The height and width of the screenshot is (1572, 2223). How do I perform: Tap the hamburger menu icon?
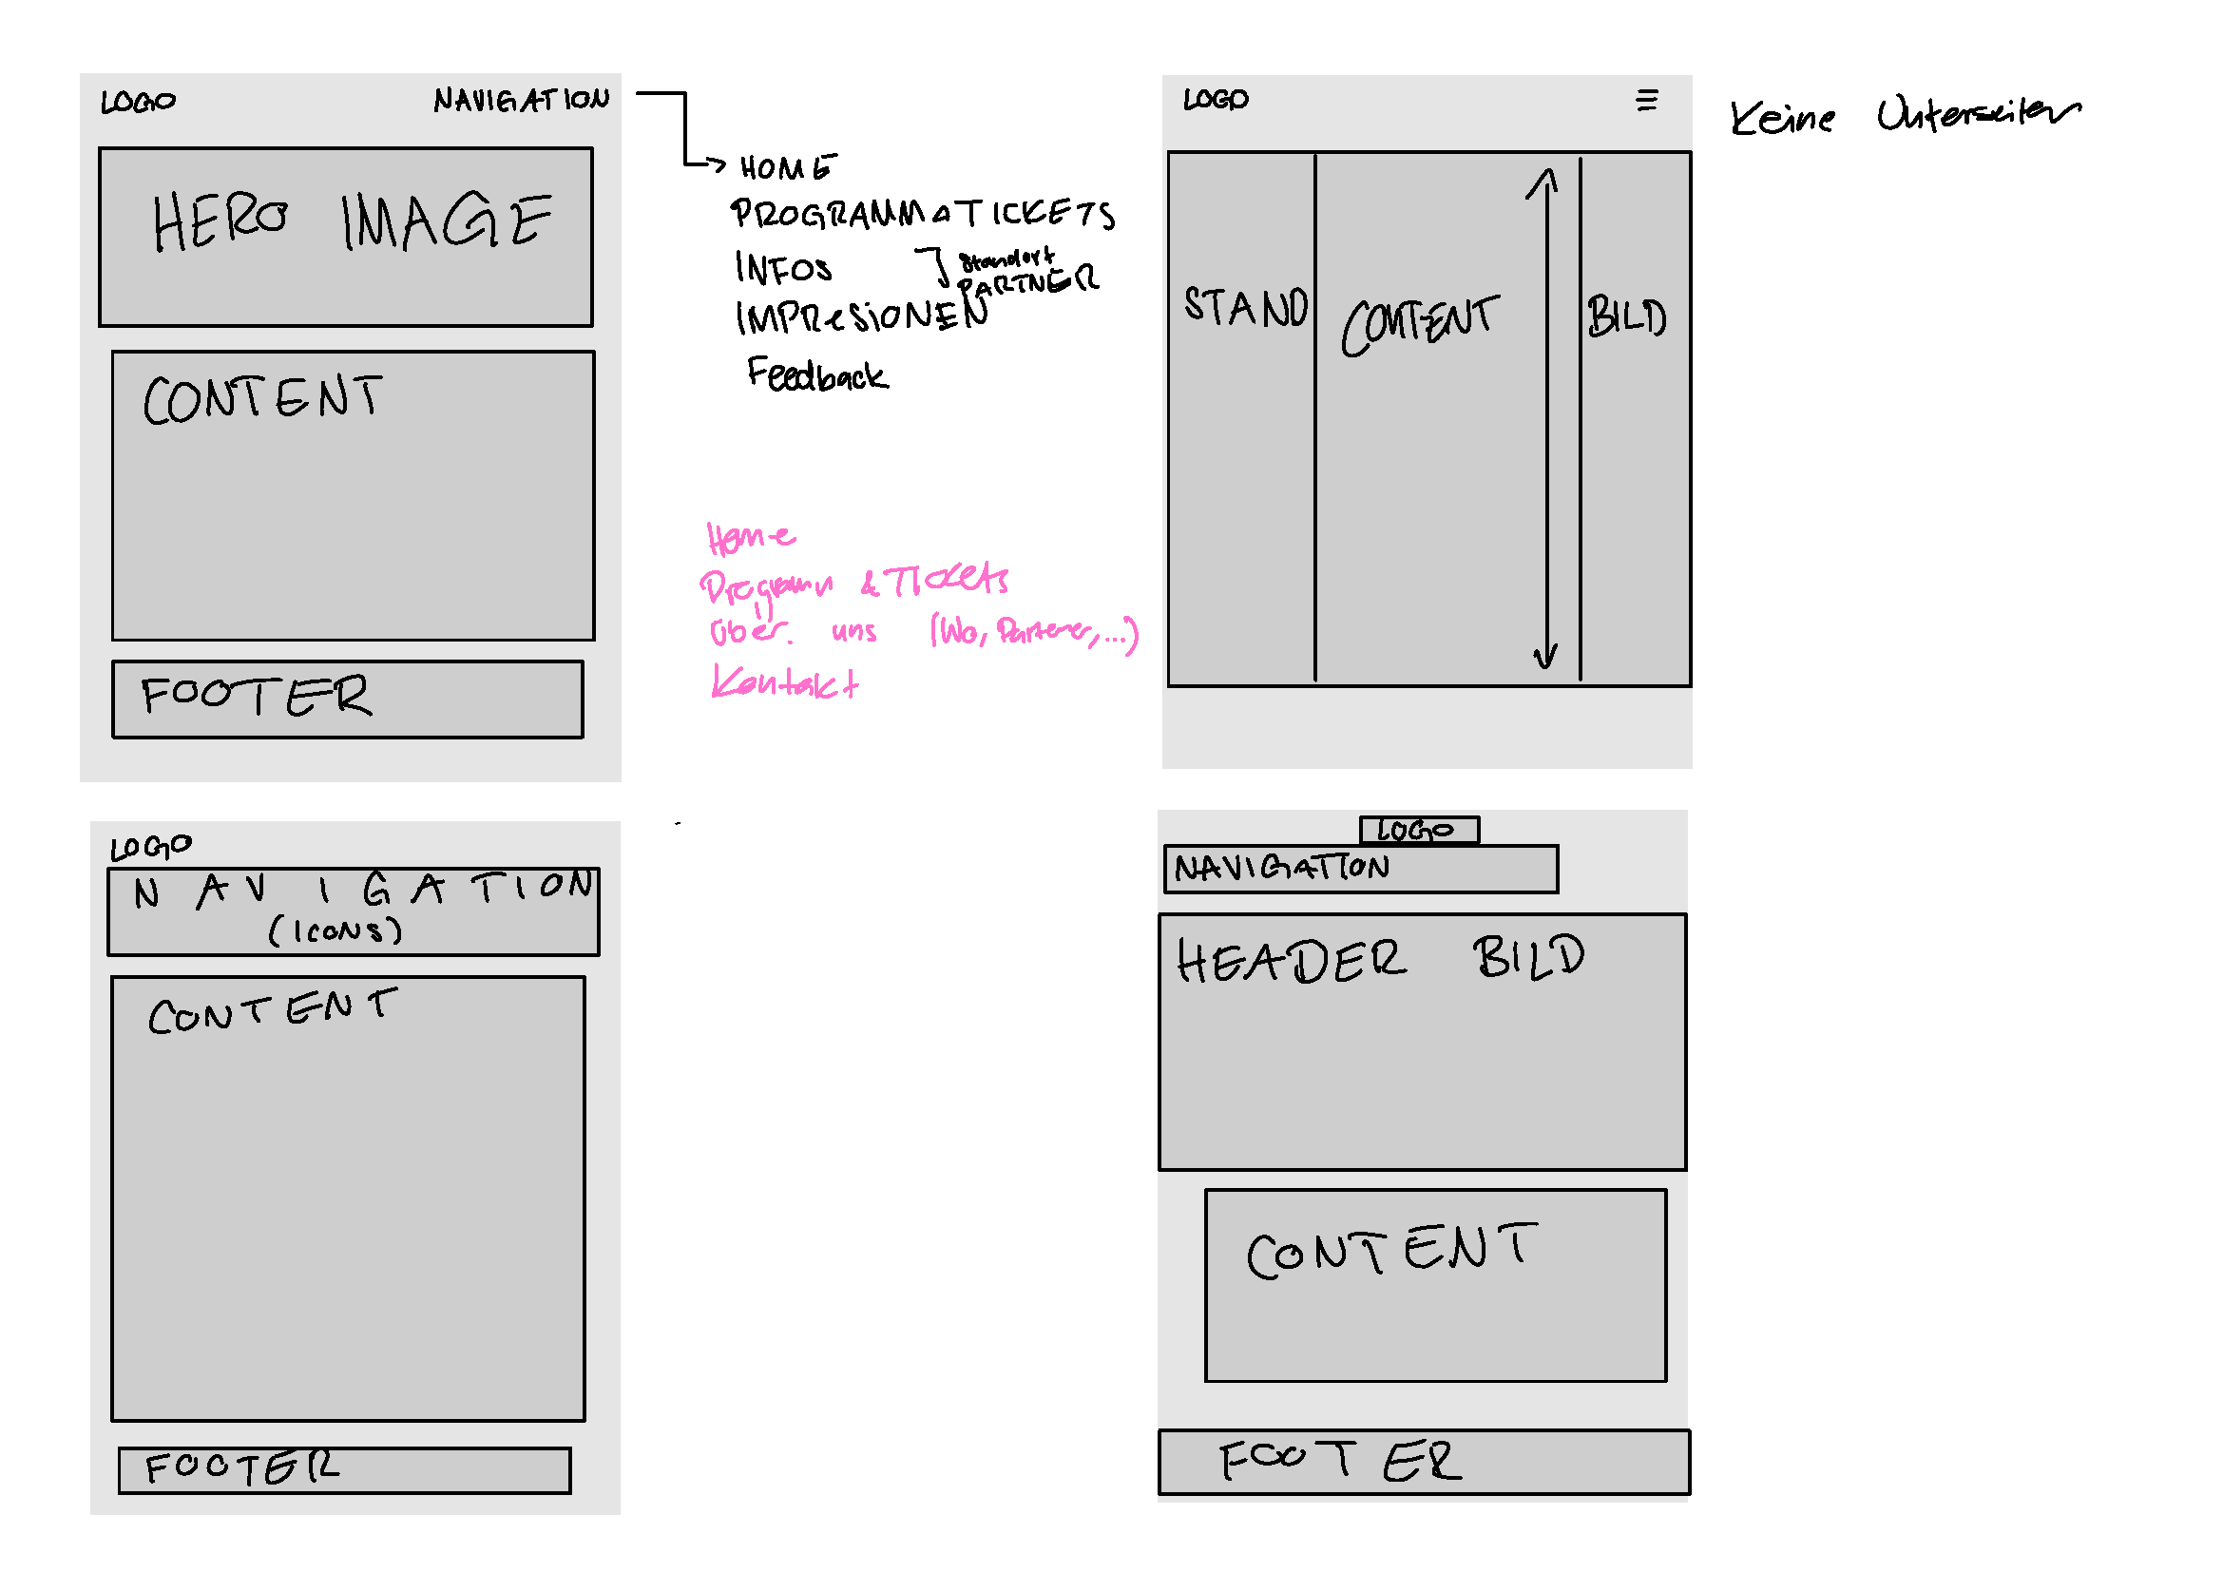pyautogui.click(x=1646, y=101)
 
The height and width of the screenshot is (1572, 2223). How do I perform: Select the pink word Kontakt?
pyautogui.click(x=784, y=682)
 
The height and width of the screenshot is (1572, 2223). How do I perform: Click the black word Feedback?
pyautogui.click(x=817, y=374)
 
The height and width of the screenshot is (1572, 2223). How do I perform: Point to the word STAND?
pyautogui.click(x=1245, y=307)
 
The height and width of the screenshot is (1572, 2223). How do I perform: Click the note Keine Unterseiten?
pyautogui.click(x=1904, y=116)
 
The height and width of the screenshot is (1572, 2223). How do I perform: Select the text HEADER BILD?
pyautogui.click(x=1380, y=959)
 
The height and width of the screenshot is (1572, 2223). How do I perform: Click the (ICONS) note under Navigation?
pyautogui.click(x=335, y=931)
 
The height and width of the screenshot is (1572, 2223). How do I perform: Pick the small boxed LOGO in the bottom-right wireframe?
pyautogui.click(x=1418, y=831)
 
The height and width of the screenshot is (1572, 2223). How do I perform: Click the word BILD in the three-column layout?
pyautogui.click(x=1626, y=317)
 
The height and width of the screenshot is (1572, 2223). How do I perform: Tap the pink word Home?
pyautogui.click(x=751, y=536)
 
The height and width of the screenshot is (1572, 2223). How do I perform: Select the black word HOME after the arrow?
pyautogui.click(x=786, y=168)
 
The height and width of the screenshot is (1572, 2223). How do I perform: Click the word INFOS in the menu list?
pyautogui.click(x=782, y=268)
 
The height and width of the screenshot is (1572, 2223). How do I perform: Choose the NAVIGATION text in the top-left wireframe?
pyautogui.click(x=521, y=100)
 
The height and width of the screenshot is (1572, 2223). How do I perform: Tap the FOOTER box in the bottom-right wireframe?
pyautogui.click(x=1424, y=1462)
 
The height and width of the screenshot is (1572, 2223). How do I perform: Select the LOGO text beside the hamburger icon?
pyautogui.click(x=1217, y=100)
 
